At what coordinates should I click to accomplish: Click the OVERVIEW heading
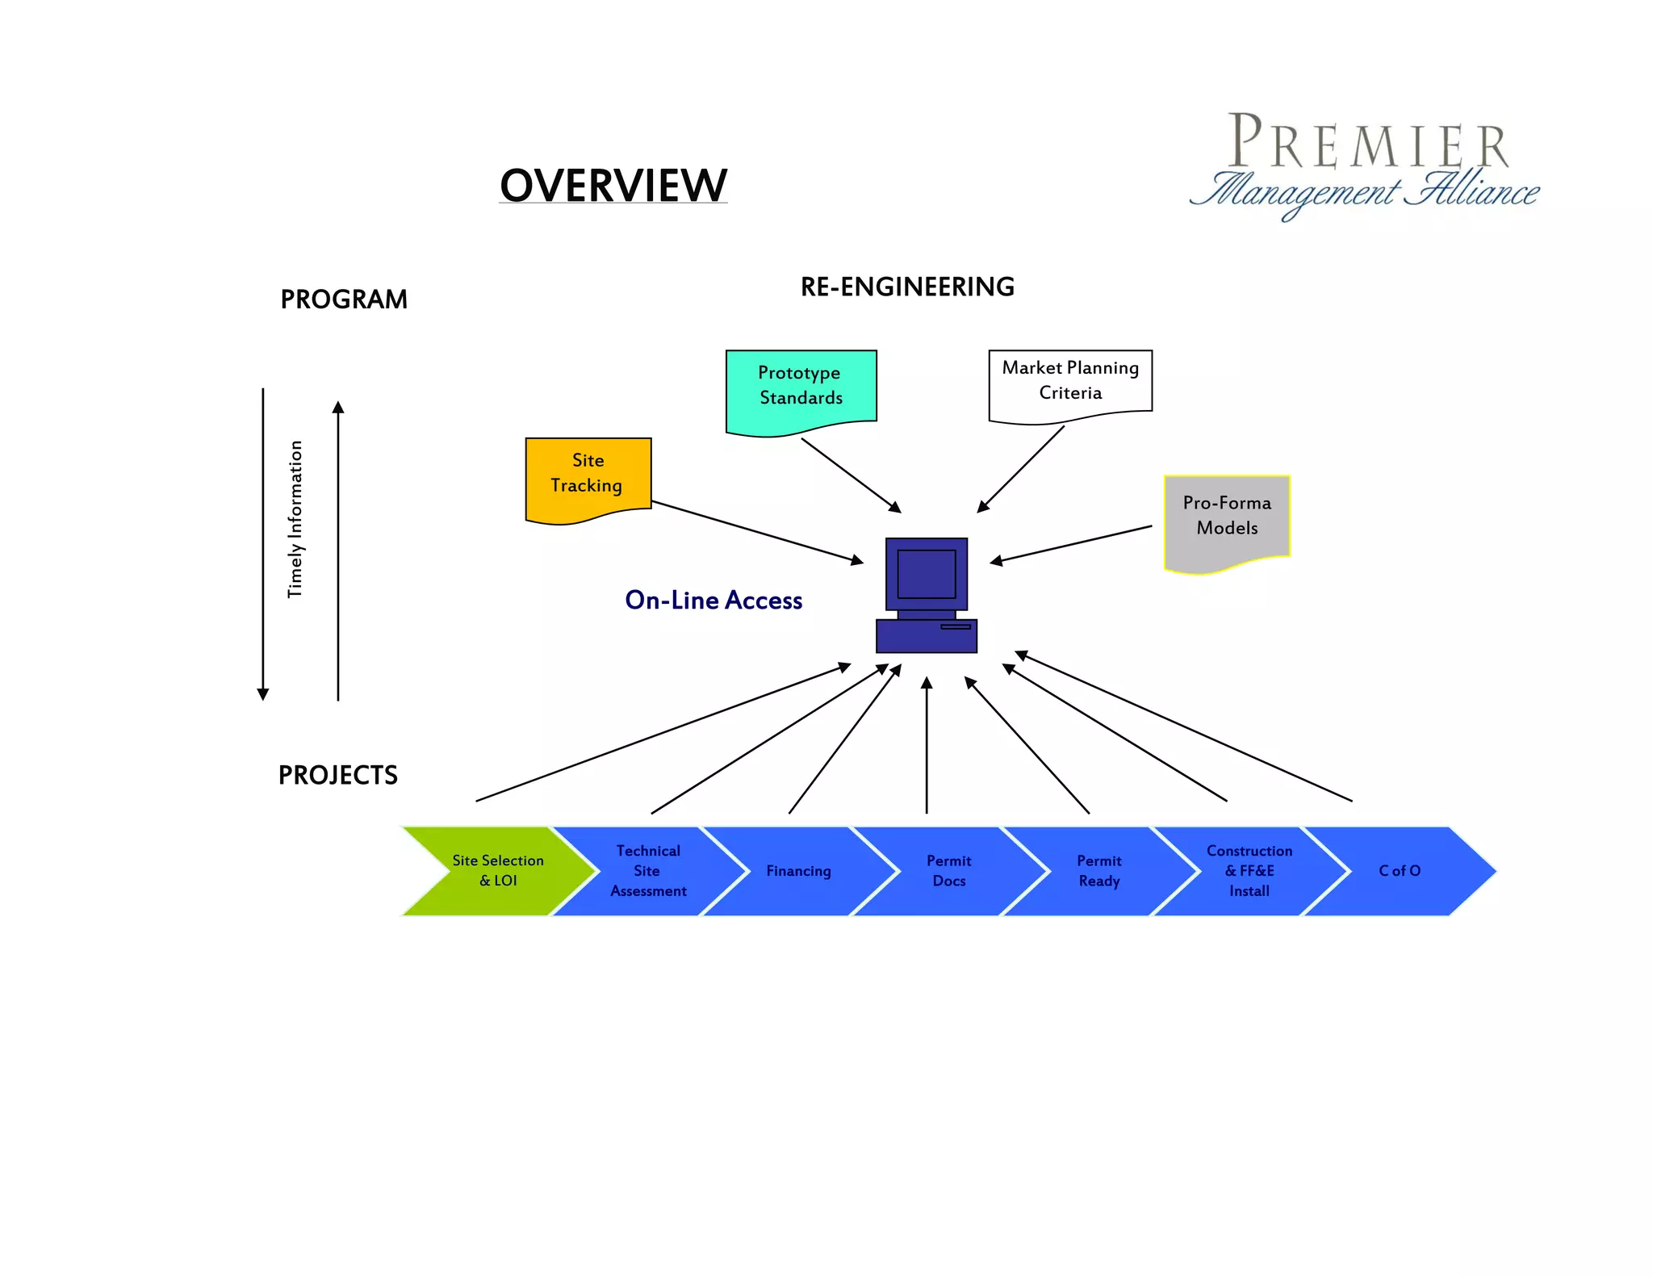click(x=613, y=186)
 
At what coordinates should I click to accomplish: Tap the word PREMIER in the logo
click(x=1367, y=143)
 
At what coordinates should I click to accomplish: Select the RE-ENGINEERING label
click(x=907, y=287)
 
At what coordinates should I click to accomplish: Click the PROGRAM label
click(x=344, y=299)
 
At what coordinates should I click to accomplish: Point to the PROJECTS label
click(x=337, y=775)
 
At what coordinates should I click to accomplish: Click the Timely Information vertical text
click(x=295, y=519)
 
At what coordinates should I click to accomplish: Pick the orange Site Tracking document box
click(x=588, y=476)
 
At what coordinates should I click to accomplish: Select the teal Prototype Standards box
click(x=801, y=387)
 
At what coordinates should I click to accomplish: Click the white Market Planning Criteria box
click(x=1070, y=381)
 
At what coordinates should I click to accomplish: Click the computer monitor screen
click(x=927, y=574)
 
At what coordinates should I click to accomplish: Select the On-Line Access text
click(x=714, y=600)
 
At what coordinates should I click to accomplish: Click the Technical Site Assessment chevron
click(x=648, y=871)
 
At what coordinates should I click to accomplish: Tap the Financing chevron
click(x=798, y=871)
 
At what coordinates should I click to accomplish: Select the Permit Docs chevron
click(x=948, y=871)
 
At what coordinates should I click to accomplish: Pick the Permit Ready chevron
click(x=1099, y=871)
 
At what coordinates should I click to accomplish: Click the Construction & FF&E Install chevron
click(x=1249, y=871)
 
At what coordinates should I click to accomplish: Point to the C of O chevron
click(x=1400, y=871)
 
